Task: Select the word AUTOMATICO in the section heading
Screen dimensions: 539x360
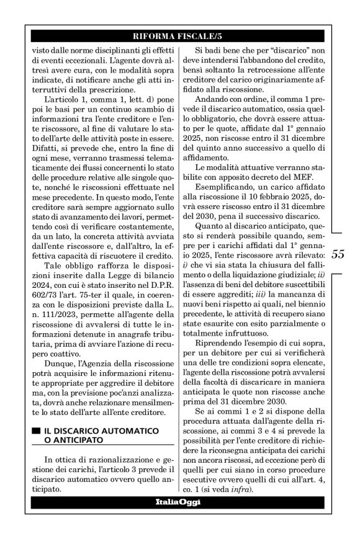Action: pos(127,430)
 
